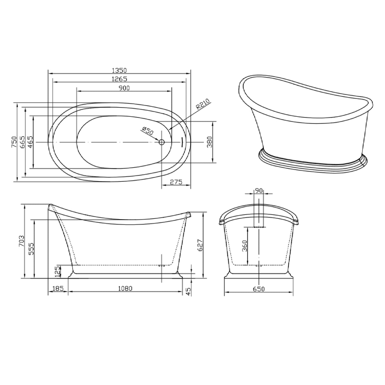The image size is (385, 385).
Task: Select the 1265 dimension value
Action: pyautogui.click(x=119, y=79)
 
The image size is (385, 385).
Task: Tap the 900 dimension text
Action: pyautogui.click(x=124, y=88)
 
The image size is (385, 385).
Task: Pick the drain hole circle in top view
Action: pyautogui.click(x=162, y=142)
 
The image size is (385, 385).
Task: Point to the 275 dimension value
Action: pyautogui.click(x=176, y=182)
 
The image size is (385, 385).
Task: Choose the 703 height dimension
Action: pyautogui.click(x=22, y=241)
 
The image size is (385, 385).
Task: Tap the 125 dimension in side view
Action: pyautogui.click(x=57, y=271)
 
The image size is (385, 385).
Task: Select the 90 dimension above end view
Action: pyautogui.click(x=258, y=191)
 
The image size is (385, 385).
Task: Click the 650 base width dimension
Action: pyautogui.click(x=258, y=289)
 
